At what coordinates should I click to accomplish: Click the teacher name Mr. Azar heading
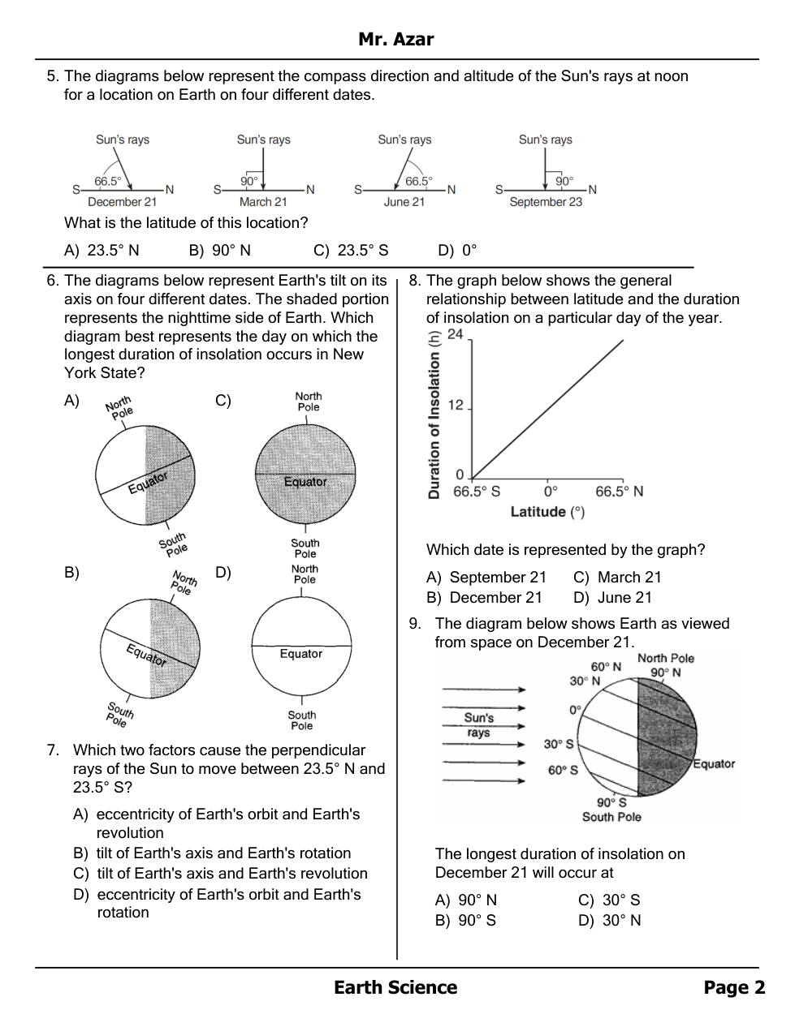(x=396, y=40)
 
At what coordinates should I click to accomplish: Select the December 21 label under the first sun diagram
(x=122, y=202)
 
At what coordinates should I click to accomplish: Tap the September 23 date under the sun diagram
(x=546, y=202)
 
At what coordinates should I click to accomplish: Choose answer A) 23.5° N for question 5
(x=102, y=251)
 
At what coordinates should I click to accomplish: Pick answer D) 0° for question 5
(x=457, y=251)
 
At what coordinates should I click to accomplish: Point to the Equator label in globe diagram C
(x=305, y=482)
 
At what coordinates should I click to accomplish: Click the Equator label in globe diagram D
(x=301, y=654)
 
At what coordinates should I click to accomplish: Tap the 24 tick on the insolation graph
(x=456, y=334)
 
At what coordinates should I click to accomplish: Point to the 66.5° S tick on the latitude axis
(x=477, y=492)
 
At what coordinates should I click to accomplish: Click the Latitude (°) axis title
(x=547, y=512)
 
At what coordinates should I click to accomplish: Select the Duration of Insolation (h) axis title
(x=434, y=415)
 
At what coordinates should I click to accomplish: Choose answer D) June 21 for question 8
(x=613, y=598)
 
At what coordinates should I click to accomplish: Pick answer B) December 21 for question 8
(x=484, y=598)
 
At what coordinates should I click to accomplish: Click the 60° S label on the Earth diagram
(x=563, y=770)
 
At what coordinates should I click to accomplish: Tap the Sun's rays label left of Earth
(x=479, y=725)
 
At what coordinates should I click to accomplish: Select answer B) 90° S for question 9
(x=465, y=921)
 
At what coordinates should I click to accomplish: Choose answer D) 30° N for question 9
(x=610, y=921)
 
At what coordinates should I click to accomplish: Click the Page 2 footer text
(x=734, y=987)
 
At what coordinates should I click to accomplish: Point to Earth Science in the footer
(x=395, y=987)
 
